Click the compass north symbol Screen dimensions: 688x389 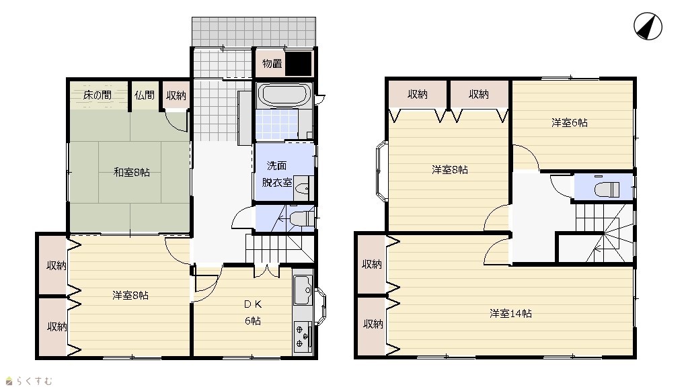[x=648, y=26]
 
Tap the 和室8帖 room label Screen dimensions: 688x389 [x=132, y=173]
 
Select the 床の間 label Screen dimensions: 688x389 [x=98, y=95]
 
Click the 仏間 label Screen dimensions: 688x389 [x=145, y=95]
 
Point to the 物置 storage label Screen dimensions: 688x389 [x=272, y=64]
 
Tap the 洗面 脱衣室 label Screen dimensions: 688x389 [x=277, y=174]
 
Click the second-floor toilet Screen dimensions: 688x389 [x=607, y=189]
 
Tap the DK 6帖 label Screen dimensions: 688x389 [x=253, y=312]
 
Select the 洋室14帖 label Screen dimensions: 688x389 [x=510, y=314]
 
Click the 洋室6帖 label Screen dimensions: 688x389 [x=570, y=123]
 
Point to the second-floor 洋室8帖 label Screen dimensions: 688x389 [x=450, y=170]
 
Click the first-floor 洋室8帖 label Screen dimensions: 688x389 [x=130, y=296]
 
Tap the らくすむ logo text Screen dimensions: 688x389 [x=35, y=381]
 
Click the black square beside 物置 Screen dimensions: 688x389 [x=299, y=63]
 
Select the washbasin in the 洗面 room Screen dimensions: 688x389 [x=302, y=189]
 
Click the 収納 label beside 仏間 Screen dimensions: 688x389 [x=176, y=95]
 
